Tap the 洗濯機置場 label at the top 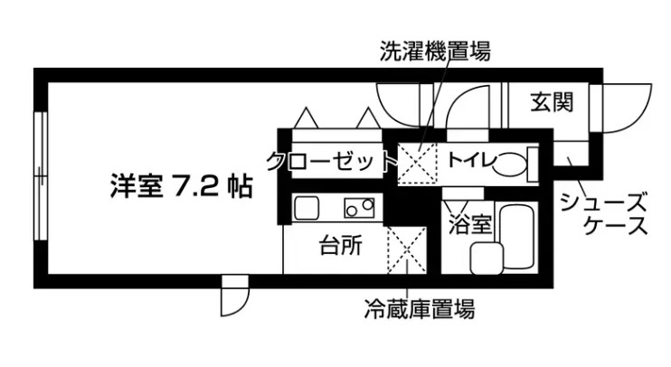[x=434, y=52]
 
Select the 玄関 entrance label [x=552, y=102]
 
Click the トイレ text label [x=468, y=162]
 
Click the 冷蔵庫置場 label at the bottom [x=418, y=310]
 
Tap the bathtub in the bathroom [x=516, y=237]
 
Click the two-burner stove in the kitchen [x=359, y=208]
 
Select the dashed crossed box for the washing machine [x=419, y=162]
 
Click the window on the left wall [x=39, y=176]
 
